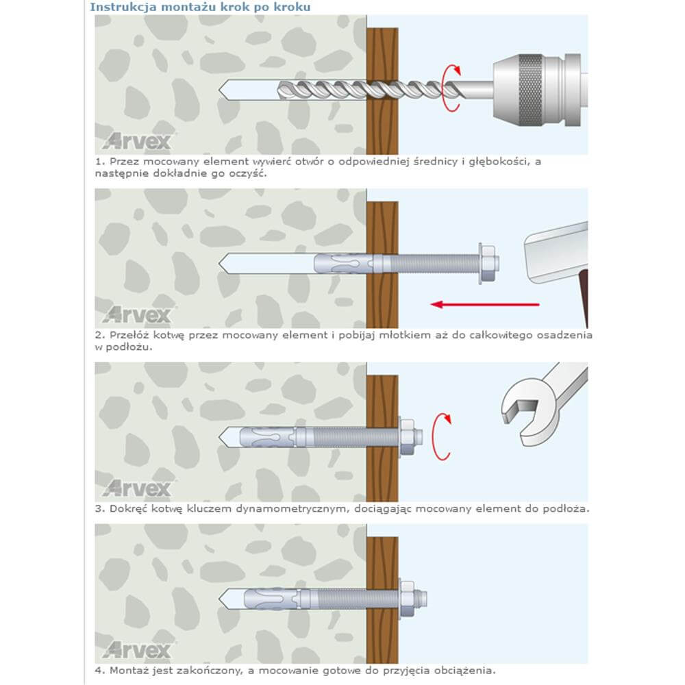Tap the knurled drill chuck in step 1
(531, 90)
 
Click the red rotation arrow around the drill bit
(451, 88)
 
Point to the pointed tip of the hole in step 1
(219, 90)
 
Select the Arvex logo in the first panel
(137, 141)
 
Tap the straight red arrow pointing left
(485, 305)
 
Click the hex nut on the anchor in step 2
(488, 264)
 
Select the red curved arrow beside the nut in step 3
(440, 436)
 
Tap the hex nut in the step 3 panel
(408, 437)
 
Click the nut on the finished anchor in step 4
(408, 599)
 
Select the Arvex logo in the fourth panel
(137, 650)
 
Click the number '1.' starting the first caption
(100, 162)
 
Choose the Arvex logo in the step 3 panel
(137, 488)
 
